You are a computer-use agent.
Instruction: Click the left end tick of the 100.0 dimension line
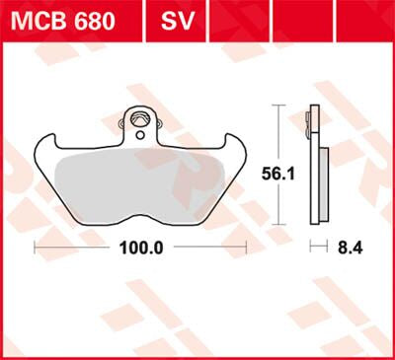pos(35,246)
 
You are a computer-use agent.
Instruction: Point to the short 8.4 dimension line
pos(318,246)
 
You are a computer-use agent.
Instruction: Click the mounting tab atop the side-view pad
pos(314,118)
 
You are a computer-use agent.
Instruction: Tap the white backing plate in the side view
pos(313,173)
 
